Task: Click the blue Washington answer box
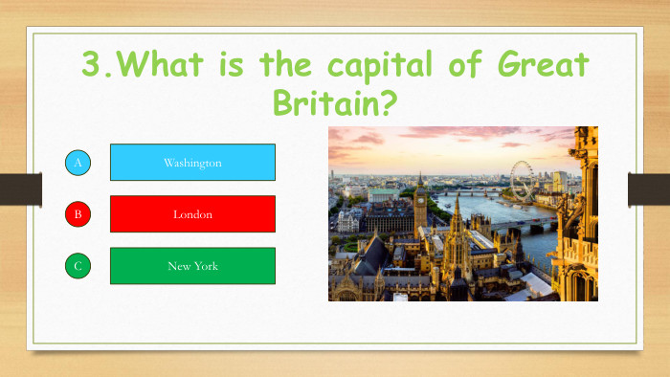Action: [x=192, y=163]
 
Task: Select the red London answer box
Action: [x=192, y=214]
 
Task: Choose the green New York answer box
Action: [x=192, y=266]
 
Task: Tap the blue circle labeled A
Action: [x=78, y=163]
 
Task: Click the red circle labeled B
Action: [x=78, y=214]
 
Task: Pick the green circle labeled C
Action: [x=78, y=266]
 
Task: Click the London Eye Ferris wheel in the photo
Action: [x=522, y=178]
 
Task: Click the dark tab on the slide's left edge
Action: [x=20, y=188]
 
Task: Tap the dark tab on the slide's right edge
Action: [x=648, y=188]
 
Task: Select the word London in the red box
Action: [x=192, y=214]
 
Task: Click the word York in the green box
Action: [x=206, y=266]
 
